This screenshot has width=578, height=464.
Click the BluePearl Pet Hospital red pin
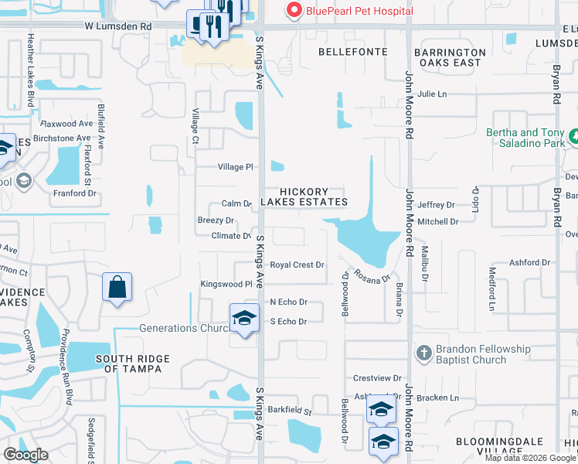pos(294,10)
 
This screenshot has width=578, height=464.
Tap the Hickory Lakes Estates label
pos(304,196)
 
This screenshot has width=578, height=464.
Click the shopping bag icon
pos(117,288)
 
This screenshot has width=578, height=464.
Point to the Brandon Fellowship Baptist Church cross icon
pos(423,354)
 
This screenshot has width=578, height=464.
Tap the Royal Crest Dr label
pos(297,264)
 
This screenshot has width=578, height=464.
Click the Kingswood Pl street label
pos(227,285)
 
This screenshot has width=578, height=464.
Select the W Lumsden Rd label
pos(118,26)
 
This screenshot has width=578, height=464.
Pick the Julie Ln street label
pos(432,94)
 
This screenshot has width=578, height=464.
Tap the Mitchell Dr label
pos(437,221)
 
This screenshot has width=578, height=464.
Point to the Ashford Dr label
pos(529,263)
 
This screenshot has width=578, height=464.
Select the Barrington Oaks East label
pos(449,58)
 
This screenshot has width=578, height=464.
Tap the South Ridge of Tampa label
pos(128,363)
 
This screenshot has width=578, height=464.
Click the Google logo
pos(25,455)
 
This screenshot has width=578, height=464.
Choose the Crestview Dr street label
pos(377,378)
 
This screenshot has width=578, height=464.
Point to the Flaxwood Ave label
pos(66,124)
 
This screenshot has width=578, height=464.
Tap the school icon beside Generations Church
pos(244,318)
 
